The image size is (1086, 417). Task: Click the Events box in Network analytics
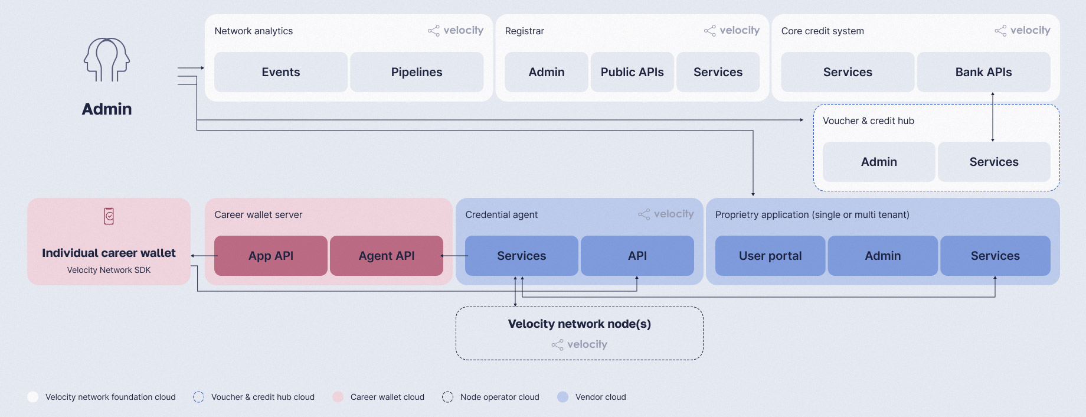coord(281,72)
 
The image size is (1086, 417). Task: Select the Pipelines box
coord(417,72)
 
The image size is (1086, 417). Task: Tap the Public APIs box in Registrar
coord(632,72)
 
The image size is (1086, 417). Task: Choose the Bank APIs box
coord(983,72)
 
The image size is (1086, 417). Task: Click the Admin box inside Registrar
coord(547,72)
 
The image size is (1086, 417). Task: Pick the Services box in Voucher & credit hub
coord(994,162)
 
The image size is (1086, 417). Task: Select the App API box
coord(271,256)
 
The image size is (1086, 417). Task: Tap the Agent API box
coord(387,256)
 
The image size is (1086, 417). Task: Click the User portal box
coord(770,256)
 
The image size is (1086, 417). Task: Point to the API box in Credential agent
coord(637,256)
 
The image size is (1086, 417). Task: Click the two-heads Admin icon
coord(107,60)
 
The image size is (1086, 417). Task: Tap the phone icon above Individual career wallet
coord(109,216)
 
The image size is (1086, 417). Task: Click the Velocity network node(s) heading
coord(580,324)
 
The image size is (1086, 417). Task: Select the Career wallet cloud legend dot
coord(338,397)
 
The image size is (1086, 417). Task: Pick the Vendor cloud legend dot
coord(563,397)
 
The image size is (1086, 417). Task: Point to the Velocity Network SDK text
coord(109,270)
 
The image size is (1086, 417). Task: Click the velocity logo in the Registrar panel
coord(732,30)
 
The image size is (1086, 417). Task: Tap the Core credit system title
coord(823,31)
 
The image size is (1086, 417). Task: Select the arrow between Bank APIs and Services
coord(993,117)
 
